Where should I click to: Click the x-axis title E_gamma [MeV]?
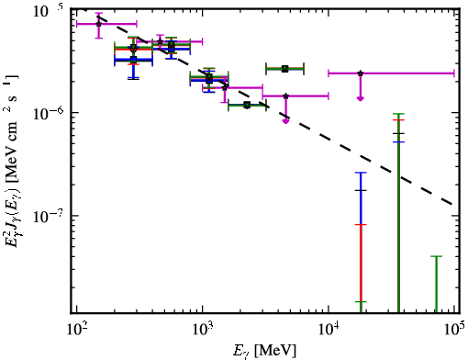click(264, 351)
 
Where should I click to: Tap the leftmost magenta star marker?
click(98, 24)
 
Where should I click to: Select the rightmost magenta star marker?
click(361, 73)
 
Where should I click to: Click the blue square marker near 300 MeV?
click(133, 59)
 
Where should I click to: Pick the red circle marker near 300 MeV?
click(133, 50)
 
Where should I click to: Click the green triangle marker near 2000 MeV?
click(247, 106)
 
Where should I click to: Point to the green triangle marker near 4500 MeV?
click(285, 68)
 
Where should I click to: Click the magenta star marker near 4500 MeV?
click(285, 96)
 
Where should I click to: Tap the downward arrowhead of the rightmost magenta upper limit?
click(361, 98)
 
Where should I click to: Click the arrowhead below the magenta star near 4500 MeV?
click(285, 121)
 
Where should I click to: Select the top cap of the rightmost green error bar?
click(436, 256)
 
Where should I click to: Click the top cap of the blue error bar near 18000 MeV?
click(361, 173)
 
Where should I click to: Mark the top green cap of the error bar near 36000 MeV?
click(398, 114)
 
